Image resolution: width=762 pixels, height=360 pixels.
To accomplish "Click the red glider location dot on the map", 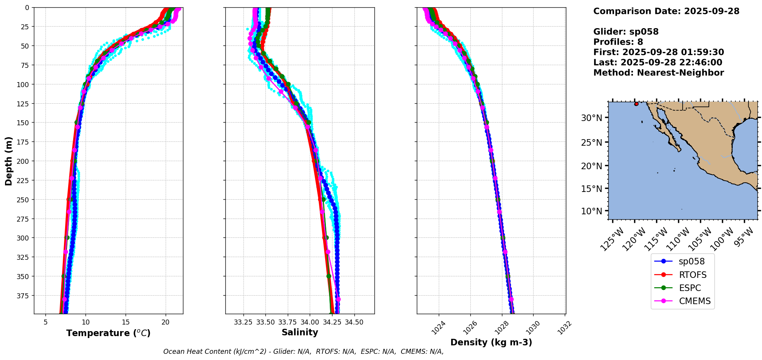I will coord(636,104).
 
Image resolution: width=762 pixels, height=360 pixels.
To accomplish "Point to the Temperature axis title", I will coord(108,333).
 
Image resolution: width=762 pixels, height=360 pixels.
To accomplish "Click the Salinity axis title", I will coord(300,332).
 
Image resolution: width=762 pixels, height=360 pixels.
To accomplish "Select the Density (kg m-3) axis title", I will coord(491,342).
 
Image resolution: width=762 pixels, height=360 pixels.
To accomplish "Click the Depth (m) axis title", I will coord(8,161).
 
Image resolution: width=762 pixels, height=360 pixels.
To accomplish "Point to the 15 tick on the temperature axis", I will coord(126,322).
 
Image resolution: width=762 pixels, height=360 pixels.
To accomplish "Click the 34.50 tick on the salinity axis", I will coord(354,322).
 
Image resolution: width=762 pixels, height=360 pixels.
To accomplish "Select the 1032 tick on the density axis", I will coord(564,328).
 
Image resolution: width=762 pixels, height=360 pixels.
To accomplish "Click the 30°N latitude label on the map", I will coord(591,118).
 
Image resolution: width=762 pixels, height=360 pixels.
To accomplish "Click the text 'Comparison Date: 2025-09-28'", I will coord(666,11).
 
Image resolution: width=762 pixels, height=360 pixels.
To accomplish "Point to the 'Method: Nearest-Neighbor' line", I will coord(658,73).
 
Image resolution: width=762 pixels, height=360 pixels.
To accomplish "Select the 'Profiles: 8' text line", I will coord(618,42).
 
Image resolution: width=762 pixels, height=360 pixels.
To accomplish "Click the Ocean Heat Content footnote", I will coord(303,352).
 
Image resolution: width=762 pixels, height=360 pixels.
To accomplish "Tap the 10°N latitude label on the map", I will coord(591,211).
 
